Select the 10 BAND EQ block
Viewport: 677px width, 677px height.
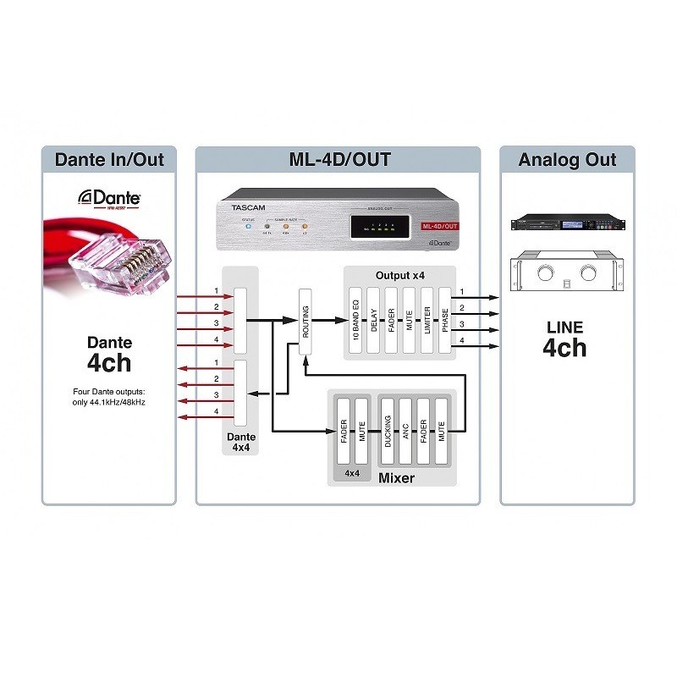click(x=355, y=318)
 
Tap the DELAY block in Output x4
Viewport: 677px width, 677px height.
click(x=373, y=318)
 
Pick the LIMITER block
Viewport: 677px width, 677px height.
click(x=427, y=318)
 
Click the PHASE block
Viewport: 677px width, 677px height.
click(x=446, y=318)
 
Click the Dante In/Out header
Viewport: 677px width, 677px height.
click(x=108, y=160)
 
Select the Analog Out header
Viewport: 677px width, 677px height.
click(x=568, y=160)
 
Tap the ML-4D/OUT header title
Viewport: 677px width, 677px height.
click(x=338, y=160)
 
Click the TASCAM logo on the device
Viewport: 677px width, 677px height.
click(x=246, y=206)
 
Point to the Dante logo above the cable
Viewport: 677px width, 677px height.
click(x=110, y=197)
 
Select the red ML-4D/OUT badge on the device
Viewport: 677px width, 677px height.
click(x=440, y=226)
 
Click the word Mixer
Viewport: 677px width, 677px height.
click(x=396, y=479)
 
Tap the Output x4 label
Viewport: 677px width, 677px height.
click(x=399, y=276)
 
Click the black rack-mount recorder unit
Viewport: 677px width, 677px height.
click(x=568, y=223)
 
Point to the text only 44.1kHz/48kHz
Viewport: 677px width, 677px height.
click(x=108, y=402)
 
